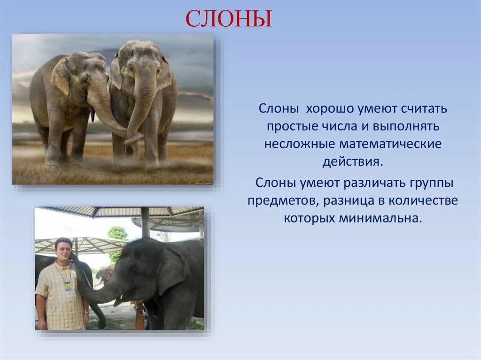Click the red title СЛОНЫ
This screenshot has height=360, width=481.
tap(229, 19)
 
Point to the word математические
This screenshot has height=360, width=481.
tap(390, 144)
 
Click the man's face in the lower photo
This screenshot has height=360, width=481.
tap(64, 249)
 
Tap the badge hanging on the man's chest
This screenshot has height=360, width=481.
tap(68, 286)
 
